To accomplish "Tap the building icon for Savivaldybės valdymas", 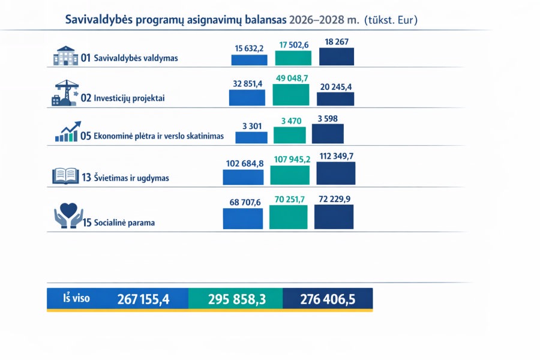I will [65, 56].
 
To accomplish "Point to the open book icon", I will [65, 176].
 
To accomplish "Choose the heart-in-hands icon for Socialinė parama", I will [68, 217].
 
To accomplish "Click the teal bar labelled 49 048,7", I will [293, 94].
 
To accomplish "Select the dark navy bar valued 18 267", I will [337, 56].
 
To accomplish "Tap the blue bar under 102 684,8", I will [243, 177].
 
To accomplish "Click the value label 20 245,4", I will [336, 86].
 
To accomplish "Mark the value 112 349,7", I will [336, 157].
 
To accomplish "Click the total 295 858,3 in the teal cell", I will [236, 299].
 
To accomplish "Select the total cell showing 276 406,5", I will [327, 299].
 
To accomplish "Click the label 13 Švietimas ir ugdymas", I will [125, 178].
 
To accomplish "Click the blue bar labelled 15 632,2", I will [249, 59].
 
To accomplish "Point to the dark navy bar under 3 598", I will [328, 133].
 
